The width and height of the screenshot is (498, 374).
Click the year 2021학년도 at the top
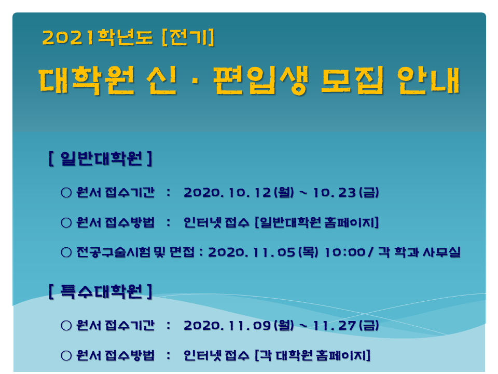pos(98,37)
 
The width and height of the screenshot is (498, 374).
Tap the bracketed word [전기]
pos(188,37)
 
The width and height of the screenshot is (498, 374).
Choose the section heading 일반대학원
pos(101,158)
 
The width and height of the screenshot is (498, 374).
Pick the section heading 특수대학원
pos(101,291)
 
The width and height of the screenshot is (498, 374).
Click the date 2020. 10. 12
pos(227,192)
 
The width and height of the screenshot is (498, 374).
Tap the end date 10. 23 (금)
pos(346,192)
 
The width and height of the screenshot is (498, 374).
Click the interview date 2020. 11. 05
pos(252,252)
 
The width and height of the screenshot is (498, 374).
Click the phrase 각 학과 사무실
pos(419,252)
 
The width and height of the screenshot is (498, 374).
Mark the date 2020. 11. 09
pos(227,325)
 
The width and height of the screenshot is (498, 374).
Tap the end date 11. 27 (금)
pos(346,325)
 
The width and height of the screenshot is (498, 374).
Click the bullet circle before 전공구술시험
pos(66,252)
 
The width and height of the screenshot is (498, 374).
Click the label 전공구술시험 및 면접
pos(135,252)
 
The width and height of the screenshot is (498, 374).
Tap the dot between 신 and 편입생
pos(195,81)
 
